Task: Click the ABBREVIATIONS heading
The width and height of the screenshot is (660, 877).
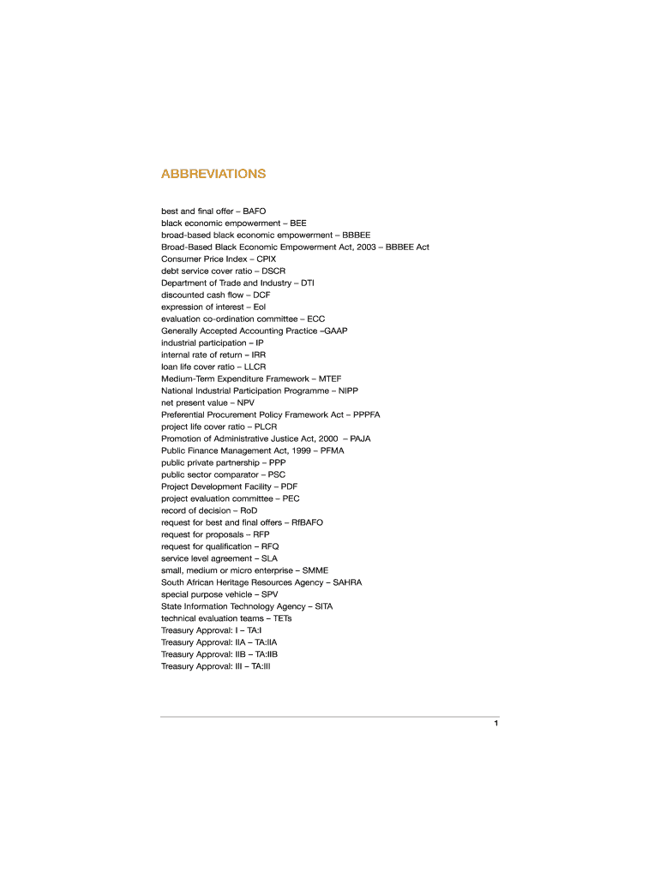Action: point(213,174)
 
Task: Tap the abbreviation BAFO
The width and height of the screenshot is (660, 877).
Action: point(255,211)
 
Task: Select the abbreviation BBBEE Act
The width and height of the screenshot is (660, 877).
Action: point(408,247)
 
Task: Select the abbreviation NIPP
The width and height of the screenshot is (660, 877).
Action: point(349,391)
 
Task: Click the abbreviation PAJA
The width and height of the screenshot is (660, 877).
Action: point(361,438)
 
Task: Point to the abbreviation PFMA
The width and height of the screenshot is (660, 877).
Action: point(333,450)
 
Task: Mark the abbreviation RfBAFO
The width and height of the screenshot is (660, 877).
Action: point(308,522)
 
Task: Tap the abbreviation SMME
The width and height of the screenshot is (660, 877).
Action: point(315,570)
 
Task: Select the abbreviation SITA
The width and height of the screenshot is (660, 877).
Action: point(324,606)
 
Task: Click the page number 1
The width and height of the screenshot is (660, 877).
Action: point(495,725)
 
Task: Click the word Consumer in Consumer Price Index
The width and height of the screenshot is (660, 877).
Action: point(181,259)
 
